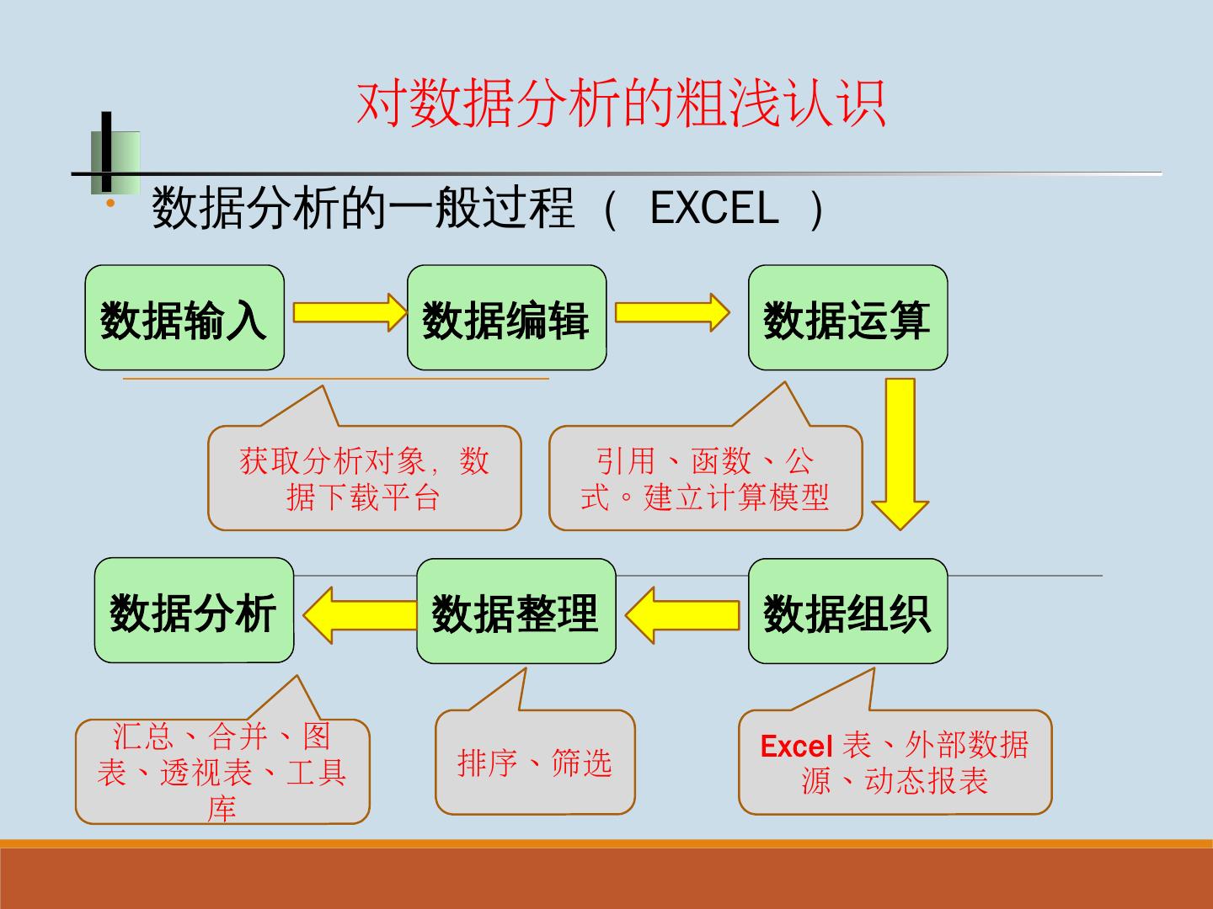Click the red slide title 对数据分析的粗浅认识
tap(621, 104)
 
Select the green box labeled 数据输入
tap(184, 318)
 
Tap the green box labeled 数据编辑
tap(506, 318)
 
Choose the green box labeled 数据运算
tap(847, 318)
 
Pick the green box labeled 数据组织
tap(847, 611)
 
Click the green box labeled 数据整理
tap(516, 611)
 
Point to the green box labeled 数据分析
tap(194, 611)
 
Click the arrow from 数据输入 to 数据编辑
tap(349, 312)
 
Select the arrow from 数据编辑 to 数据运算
tap(671, 312)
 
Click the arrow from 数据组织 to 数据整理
tap(682, 614)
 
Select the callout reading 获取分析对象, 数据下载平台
tap(364, 478)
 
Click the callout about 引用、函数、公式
tap(705, 478)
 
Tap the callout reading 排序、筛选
tap(535, 763)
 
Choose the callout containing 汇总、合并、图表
tap(222, 771)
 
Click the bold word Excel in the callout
tap(796, 747)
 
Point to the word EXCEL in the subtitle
tap(714, 208)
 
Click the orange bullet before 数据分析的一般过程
tap(109, 205)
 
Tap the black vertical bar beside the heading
tap(106, 151)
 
